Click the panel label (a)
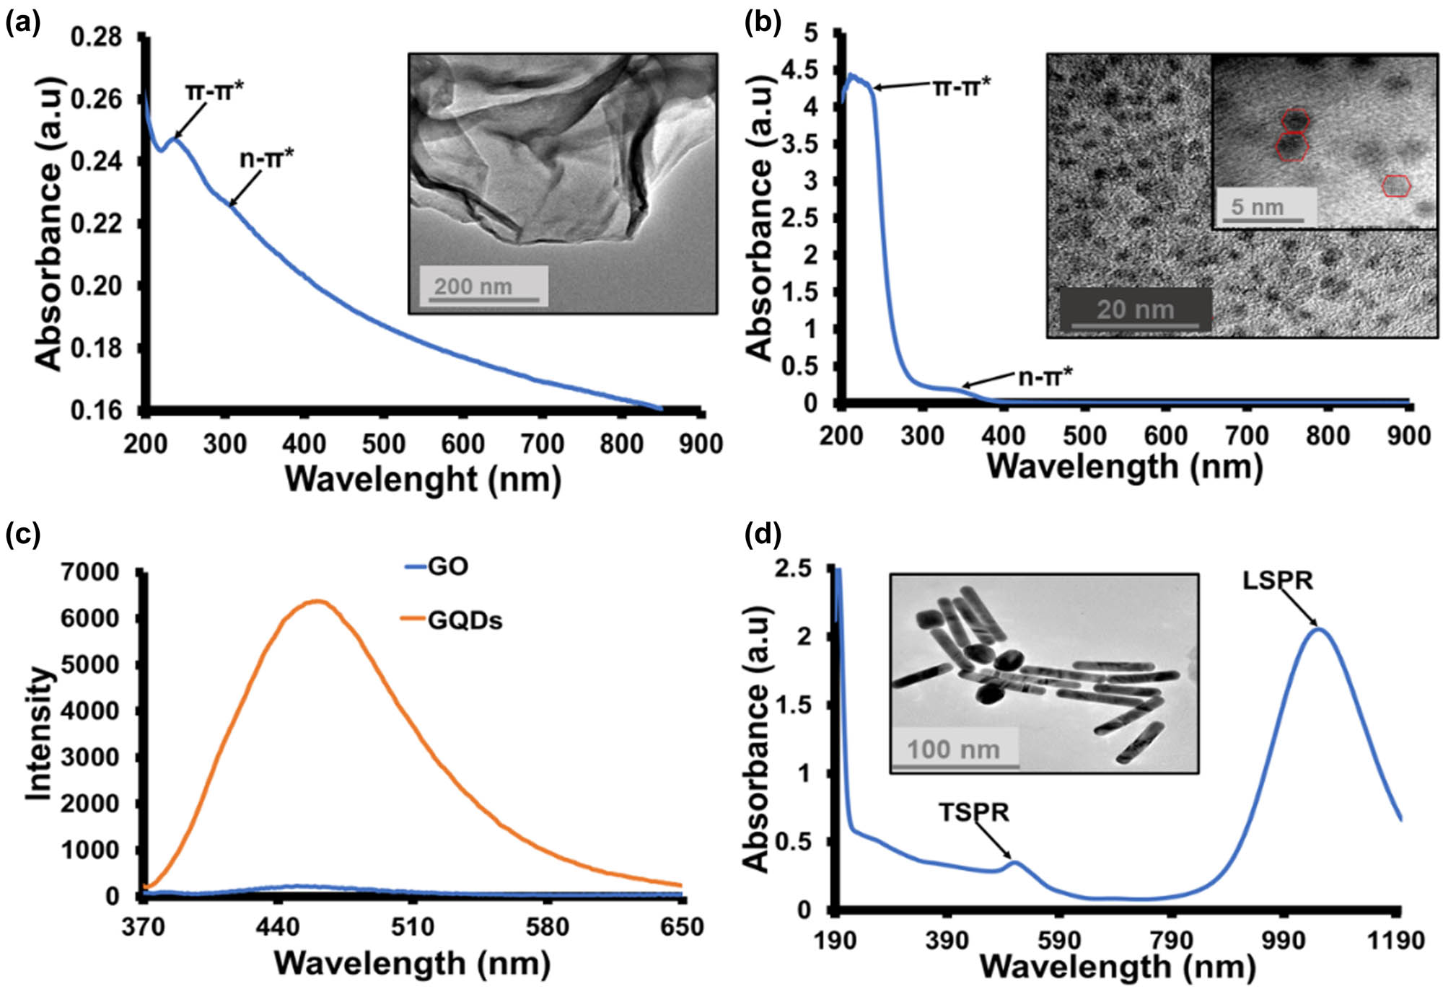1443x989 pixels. (22, 23)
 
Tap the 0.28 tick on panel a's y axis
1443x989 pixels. (96, 37)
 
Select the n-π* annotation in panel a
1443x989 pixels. (266, 157)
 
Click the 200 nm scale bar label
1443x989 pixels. (473, 286)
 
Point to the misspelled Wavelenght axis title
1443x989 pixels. (423, 479)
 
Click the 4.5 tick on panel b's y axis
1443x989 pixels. (802, 70)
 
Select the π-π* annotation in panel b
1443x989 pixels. (962, 87)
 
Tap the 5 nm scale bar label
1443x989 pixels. (1257, 207)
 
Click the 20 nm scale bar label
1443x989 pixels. (1135, 309)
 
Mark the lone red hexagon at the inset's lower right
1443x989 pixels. (1396, 185)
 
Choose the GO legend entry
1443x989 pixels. (447, 566)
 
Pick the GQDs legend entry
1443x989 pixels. (464, 620)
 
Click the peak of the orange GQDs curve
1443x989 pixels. (318, 601)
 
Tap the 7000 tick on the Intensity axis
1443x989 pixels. (90, 572)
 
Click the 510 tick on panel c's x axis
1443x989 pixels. (413, 926)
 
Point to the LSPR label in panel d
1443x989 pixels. (1277, 580)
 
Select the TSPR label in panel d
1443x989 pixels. (973, 812)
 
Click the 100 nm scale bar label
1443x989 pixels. (952, 749)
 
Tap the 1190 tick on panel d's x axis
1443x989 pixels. (1400, 940)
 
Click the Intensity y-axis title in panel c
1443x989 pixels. (40, 734)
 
